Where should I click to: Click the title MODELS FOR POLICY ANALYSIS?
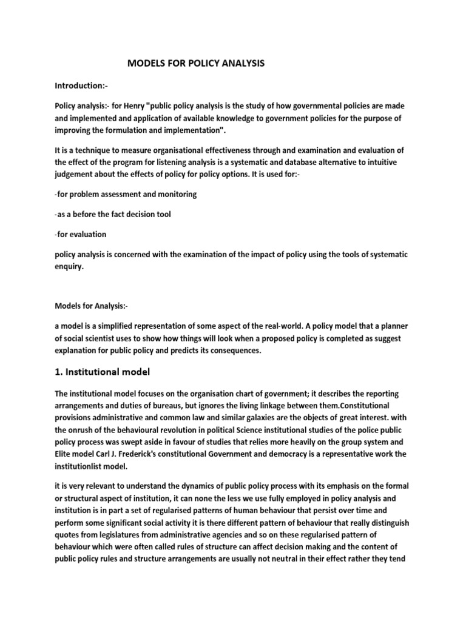pos(195,63)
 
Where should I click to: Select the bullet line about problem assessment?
pos(126,195)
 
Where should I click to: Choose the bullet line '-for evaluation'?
pos(80,234)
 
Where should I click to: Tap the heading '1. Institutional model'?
pos(102,371)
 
